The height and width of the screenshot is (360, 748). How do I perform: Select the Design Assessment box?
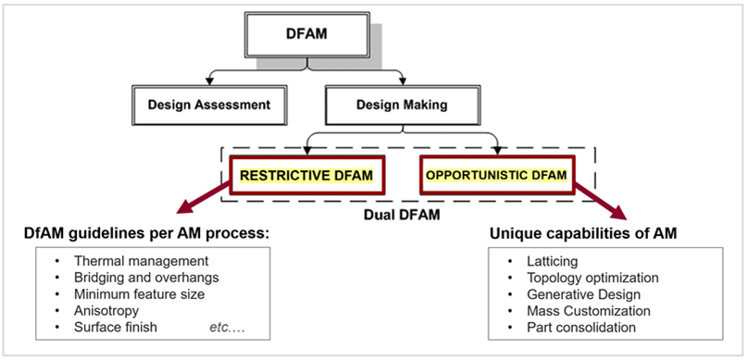coord(209,105)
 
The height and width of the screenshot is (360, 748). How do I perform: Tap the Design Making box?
coord(402,105)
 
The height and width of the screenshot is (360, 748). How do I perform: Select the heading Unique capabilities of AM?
coord(583,232)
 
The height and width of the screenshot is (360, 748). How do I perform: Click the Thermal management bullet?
coord(141,261)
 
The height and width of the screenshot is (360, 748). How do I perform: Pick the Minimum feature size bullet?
coord(139,294)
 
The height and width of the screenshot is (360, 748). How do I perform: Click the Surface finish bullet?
coord(117,328)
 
